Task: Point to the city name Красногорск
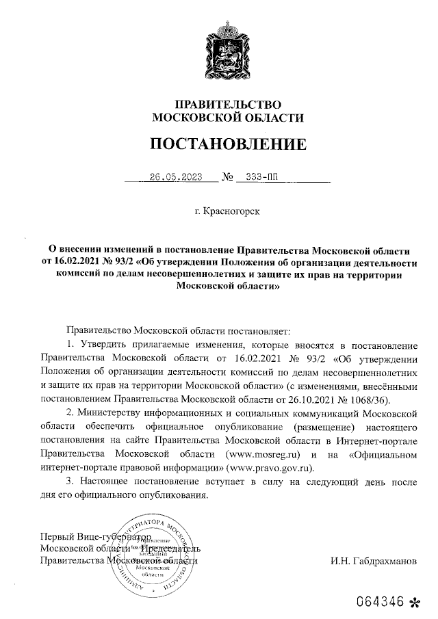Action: click(231, 210)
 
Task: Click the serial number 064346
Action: click(381, 603)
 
